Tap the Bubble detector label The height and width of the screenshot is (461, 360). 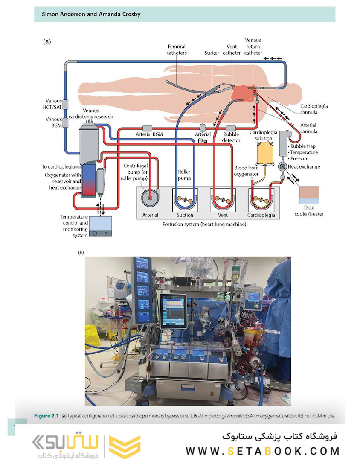232,137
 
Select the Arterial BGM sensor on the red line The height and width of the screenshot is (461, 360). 147,128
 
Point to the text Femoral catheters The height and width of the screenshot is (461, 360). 177,50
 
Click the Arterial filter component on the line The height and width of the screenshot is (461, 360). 203,128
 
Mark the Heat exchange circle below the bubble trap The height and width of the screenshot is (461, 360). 282,166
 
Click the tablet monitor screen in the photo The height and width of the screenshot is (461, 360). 173,312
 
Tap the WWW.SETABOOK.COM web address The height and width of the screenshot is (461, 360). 262,451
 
